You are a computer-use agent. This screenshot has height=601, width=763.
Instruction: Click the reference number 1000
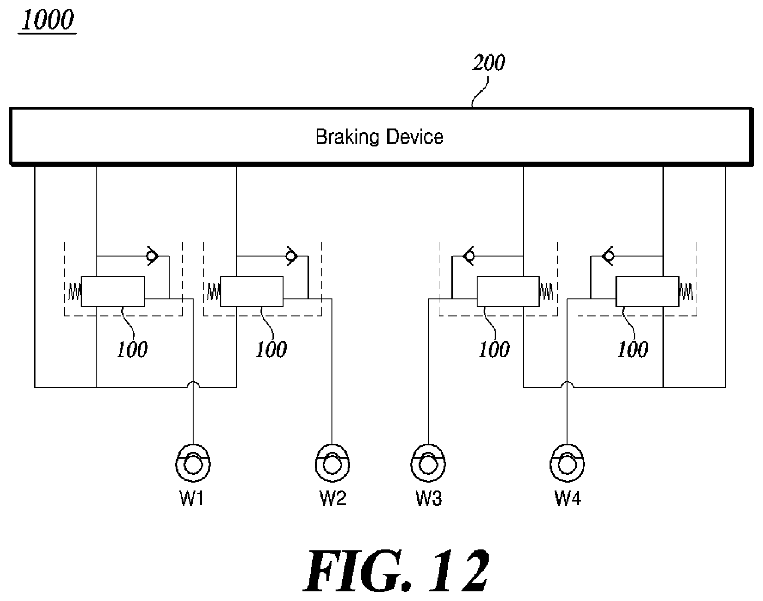pyautogui.click(x=47, y=21)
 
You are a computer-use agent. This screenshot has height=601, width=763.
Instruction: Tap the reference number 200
pyautogui.click(x=489, y=62)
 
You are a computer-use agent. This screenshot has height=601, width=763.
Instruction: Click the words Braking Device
pyautogui.click(x=379, y=137)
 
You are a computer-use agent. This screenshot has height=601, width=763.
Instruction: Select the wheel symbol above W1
pyautogui.click(x=194, y=462)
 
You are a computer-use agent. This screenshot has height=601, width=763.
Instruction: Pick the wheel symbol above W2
pyautogui.click(x=332, y=462)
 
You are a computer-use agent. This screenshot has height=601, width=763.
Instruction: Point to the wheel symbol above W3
pyautogui.click(x=428, y=462)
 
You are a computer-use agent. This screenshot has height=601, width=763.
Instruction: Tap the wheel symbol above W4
pyautogui.click(x=568, y=462)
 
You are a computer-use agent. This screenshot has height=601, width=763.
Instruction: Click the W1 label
pyautogui.click(x=192, y=498)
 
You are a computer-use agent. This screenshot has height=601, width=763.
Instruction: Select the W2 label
pyautogui.click(x=333, y=498)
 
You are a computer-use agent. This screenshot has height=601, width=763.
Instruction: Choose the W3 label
pyautogui.click(x=429, y=498)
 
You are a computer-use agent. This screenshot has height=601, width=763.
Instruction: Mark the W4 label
pyautogui.click(x=568, y=498)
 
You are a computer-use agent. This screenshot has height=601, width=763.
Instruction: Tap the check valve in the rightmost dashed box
pyautogui.click(x=608, y=256)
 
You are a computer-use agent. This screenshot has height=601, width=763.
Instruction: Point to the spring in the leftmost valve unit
pyautogui.click(x=75, y=291)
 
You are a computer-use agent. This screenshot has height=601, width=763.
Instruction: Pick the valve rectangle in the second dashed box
pyautogui.click(x=252, y=291)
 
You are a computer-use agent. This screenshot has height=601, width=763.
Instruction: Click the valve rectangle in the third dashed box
pyautogui.click(x=508, y=291)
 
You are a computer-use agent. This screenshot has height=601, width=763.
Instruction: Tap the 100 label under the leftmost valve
pyautogui.click(x=132, y=350)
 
